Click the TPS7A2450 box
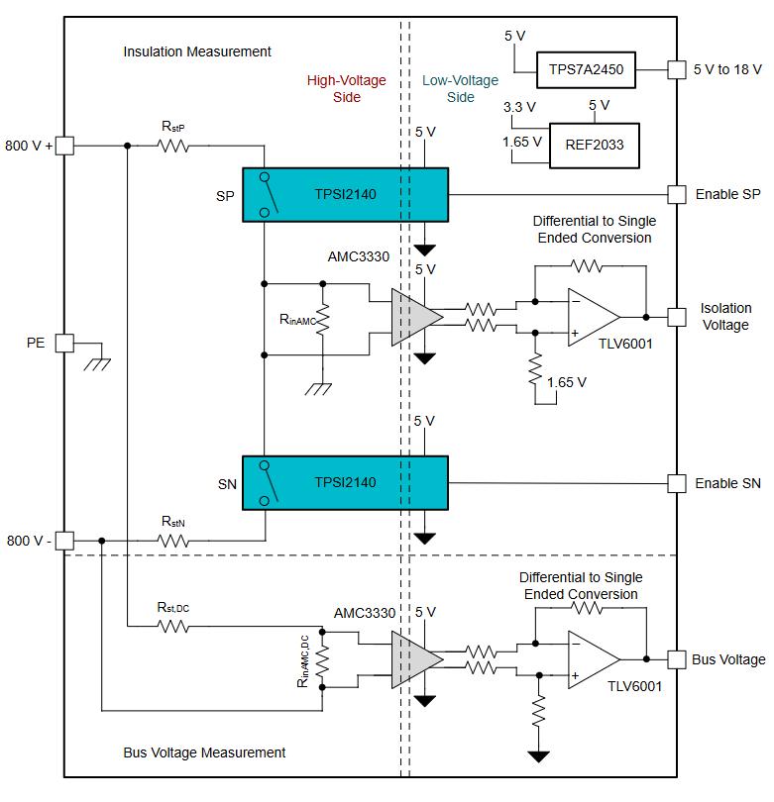(x=586, y=69)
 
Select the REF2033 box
(x=595, y=146)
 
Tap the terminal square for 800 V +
(x=64, y=146)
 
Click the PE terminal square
(x=64, y=343)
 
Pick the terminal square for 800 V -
(x=64, y=541)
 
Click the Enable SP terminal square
(x=677, y=194)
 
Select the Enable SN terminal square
(x=677, y=483)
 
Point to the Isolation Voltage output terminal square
(x=677, y=317)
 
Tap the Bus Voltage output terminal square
(x=677, y=659)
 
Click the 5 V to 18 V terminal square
(x=677, y=69)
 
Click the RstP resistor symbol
(x=173, y=146)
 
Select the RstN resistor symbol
(x=173, y=541)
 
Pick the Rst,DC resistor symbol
(x=173, y=626)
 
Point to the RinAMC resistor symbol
(x=323, y=319)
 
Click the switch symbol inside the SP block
(x=269, y=194)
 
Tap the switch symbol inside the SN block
(x=269, y=483)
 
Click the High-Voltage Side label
(x=347, y=88)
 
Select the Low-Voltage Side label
(x=460, y=88)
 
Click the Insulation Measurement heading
(x=197, y=51)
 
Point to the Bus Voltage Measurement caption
(x=204, y=752)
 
